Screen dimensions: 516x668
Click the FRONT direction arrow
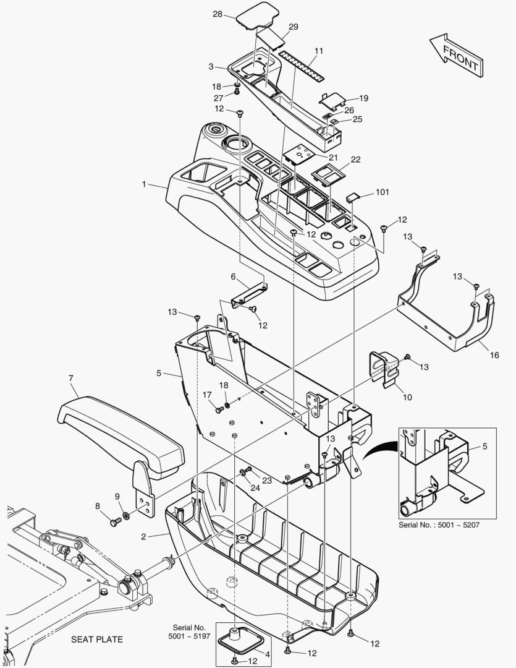(457, 56)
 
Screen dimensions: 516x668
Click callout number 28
(218, 14)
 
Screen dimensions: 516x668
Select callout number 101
(383, 192)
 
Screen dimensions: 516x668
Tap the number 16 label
(494, 355)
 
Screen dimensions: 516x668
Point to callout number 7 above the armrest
(70, 378)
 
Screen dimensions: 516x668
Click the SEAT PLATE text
(96, 640)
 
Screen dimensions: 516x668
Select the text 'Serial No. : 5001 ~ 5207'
(439, 525)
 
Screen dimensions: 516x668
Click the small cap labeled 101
(353, 197)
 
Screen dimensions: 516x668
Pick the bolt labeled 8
(116, 521)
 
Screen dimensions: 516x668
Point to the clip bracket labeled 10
(385, 369)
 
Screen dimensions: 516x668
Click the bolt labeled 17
(219, 410)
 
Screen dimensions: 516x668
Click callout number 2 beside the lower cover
(143, 536)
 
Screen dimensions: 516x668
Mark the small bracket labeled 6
(249, 294)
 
